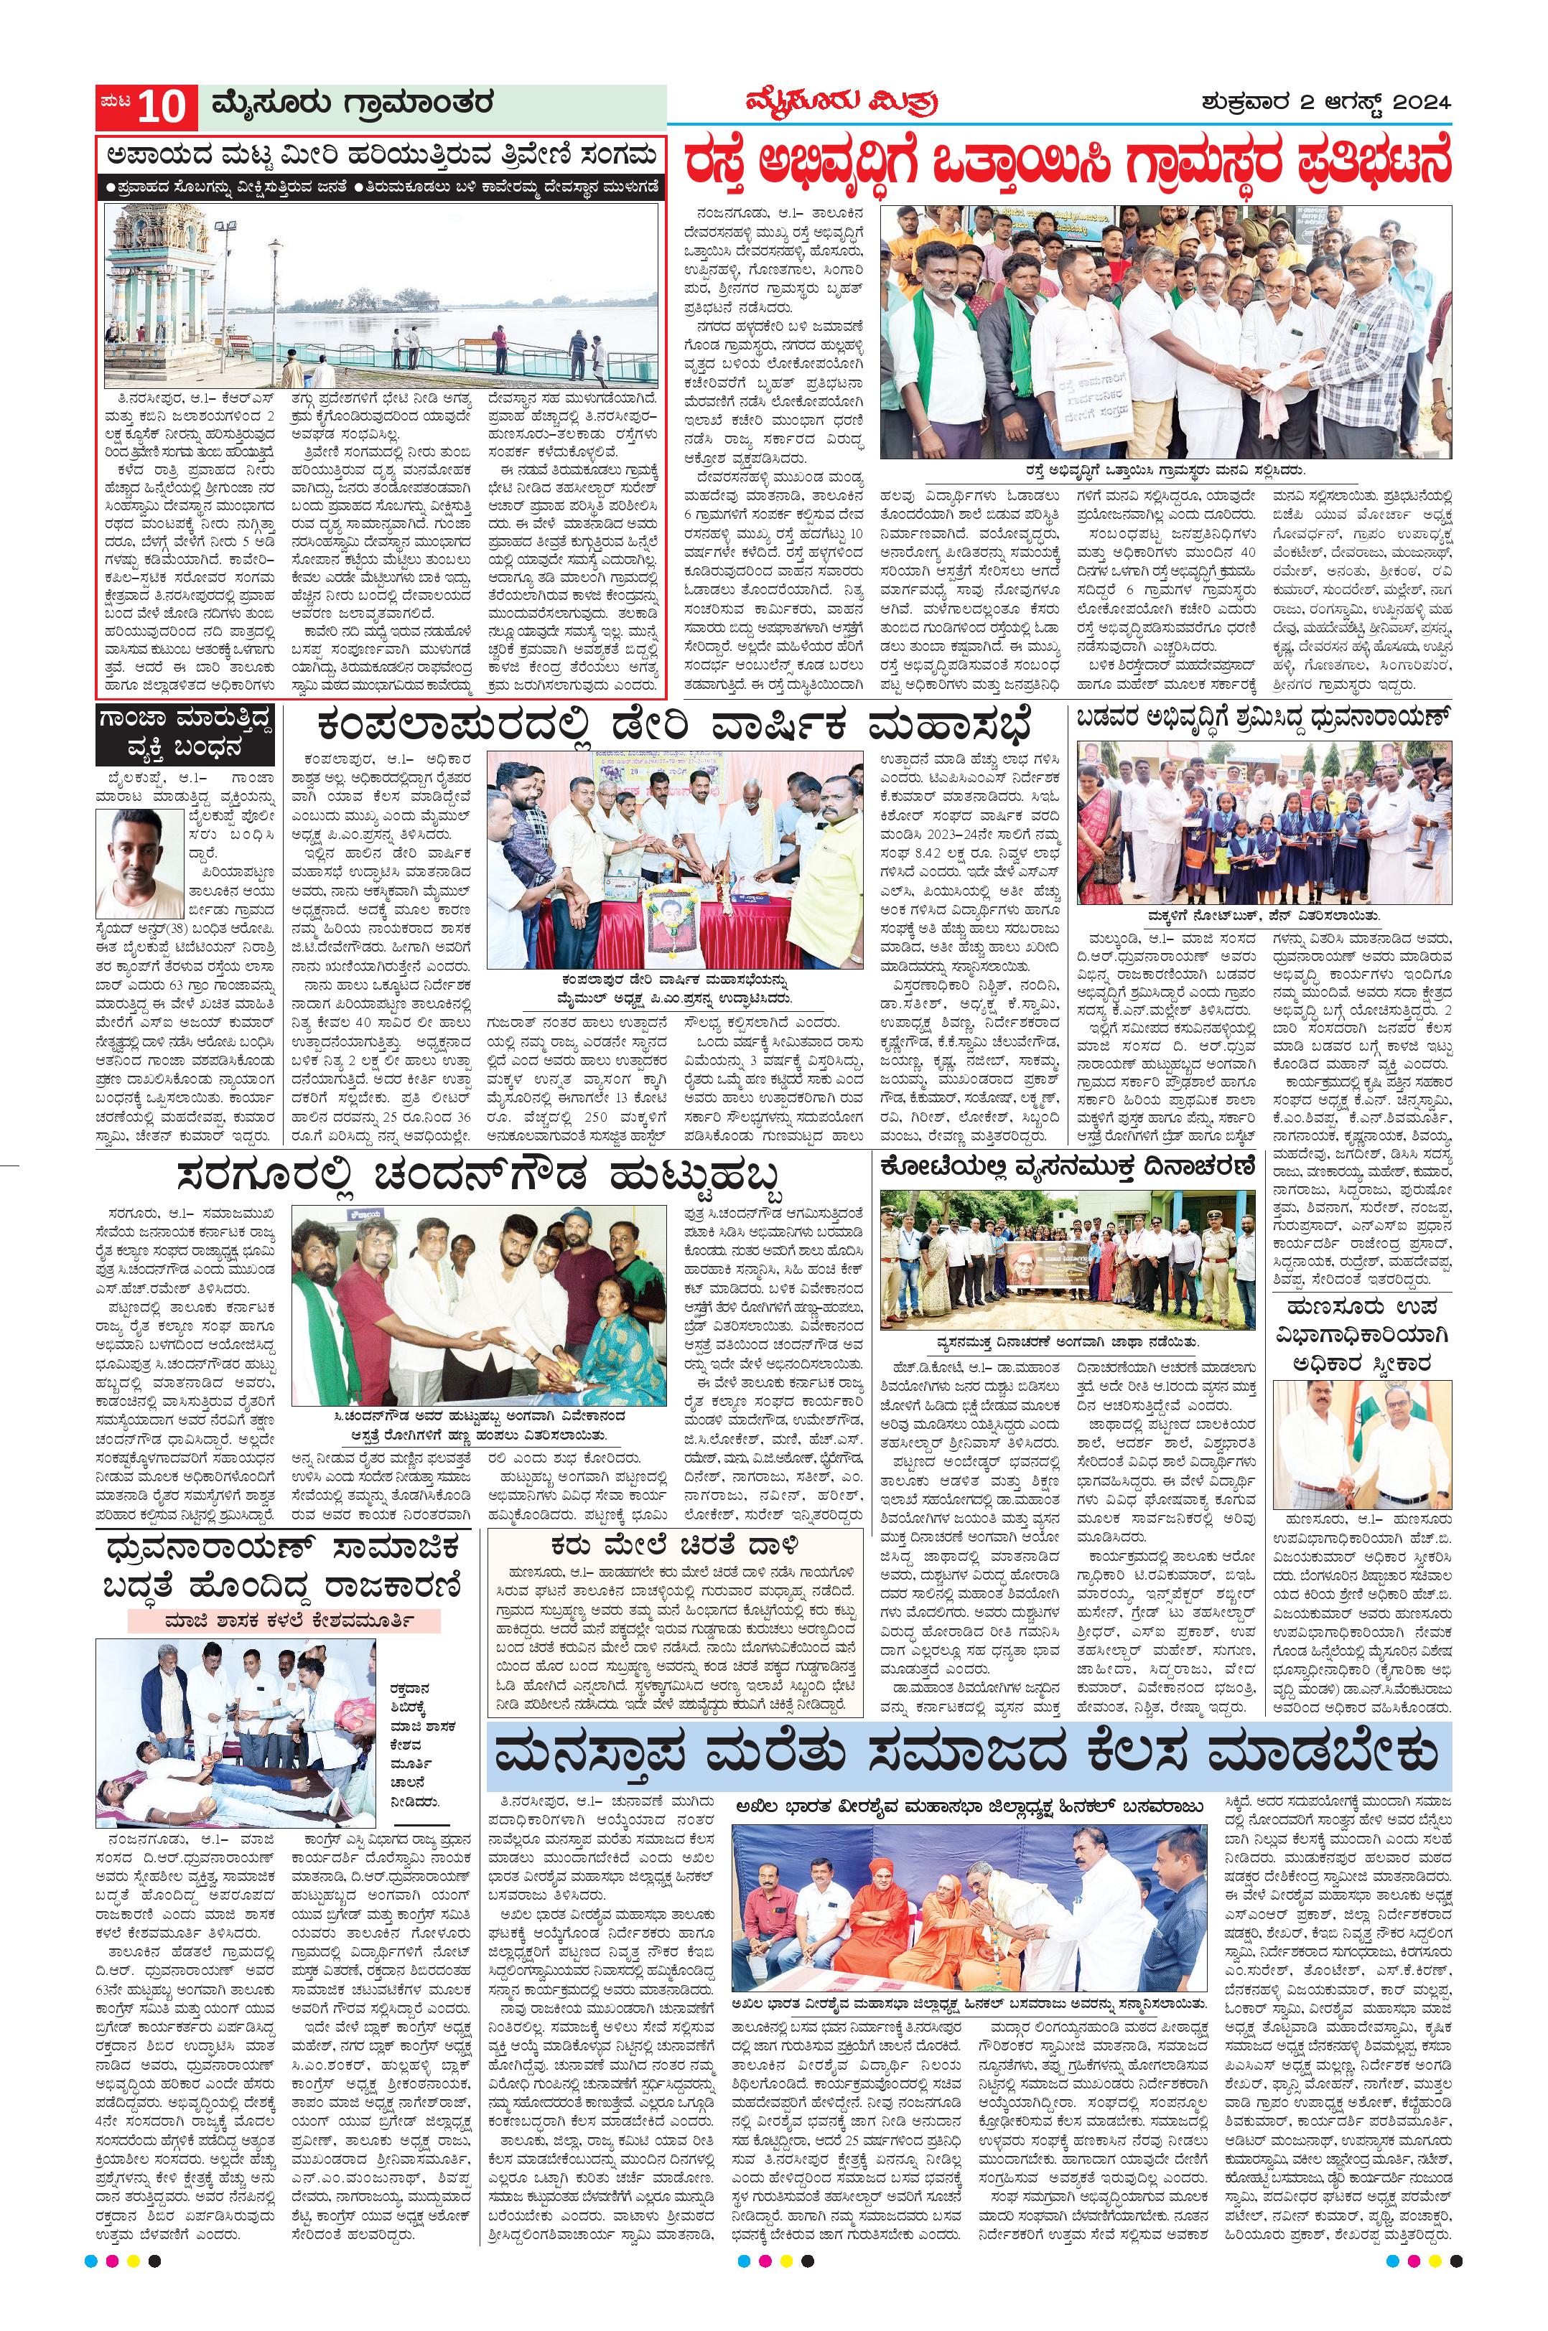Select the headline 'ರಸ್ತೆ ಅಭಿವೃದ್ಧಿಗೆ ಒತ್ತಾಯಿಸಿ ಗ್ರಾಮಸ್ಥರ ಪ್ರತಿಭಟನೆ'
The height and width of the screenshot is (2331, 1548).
point(1069,161)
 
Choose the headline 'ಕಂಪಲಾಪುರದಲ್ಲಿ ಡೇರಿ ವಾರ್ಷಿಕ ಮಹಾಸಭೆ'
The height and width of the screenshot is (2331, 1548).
point(671,728)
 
